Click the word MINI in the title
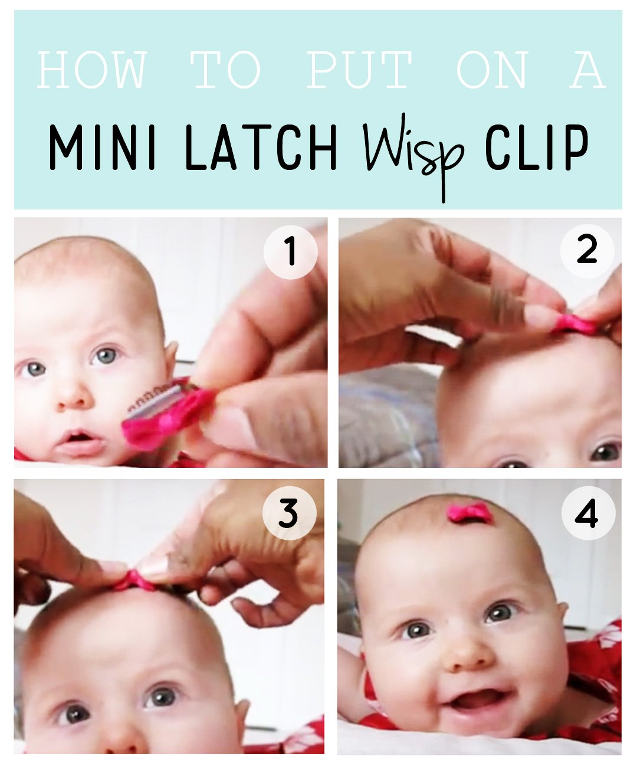click(x=103, y=147)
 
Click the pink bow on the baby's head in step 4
click(x=470, y=513)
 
